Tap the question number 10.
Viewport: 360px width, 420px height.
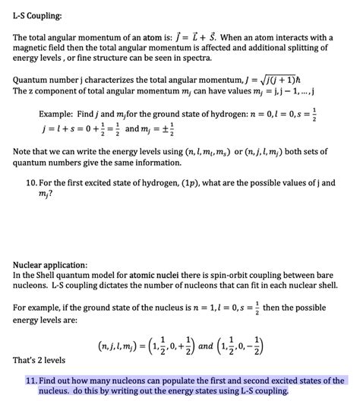[x=33, y=183]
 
